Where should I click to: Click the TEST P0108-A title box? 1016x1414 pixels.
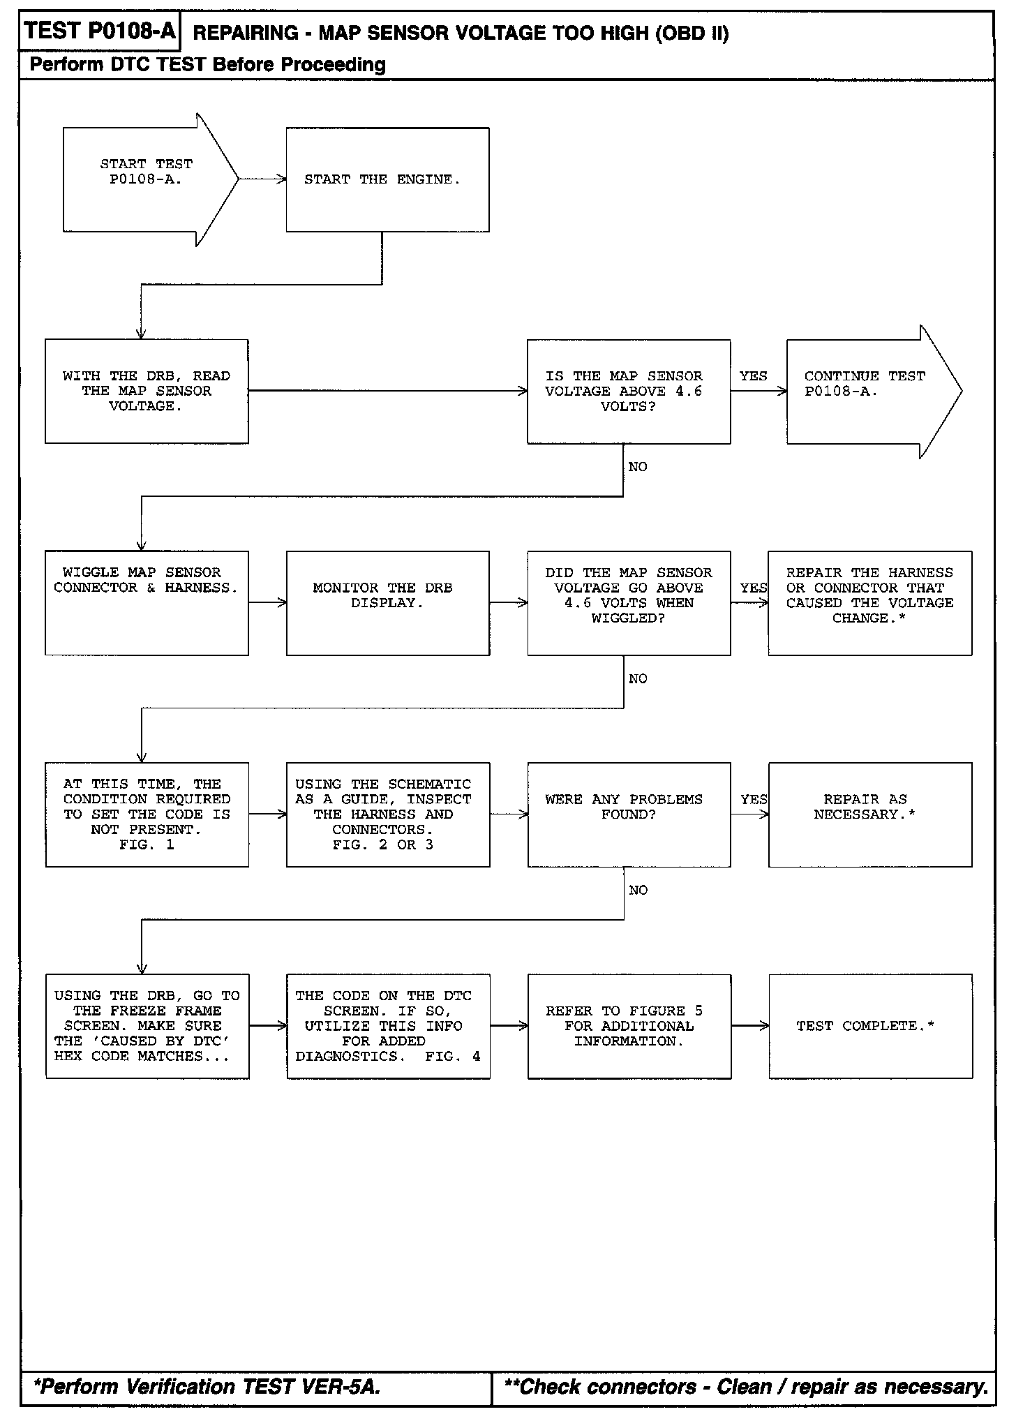tap(98, 31)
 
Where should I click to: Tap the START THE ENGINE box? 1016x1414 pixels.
tap(387, 179)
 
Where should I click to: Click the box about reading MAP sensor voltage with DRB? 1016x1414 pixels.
tap(147, 391)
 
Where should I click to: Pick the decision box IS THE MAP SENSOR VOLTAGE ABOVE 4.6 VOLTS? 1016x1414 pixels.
tap(628, 391)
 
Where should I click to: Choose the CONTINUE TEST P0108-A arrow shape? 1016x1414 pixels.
tap(865, 391)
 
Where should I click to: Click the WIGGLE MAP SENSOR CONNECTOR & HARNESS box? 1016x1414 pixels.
tap(147, 602)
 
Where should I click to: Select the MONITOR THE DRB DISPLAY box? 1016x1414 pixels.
tap(387, 602)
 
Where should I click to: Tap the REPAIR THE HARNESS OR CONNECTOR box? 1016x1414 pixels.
tap(869, 602)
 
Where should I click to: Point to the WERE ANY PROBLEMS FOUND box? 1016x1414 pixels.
tap(628, 814)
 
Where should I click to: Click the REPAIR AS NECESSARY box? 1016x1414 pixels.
tap(869, 814)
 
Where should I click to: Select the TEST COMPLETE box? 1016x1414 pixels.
tap(869, 1026)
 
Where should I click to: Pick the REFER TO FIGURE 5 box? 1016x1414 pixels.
tap(628, 1026)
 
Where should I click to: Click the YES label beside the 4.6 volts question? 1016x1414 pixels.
tap(753, 376)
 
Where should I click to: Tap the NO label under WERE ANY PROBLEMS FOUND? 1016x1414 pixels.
tap(638, 890)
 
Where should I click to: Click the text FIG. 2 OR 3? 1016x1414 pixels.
tap(382, 844)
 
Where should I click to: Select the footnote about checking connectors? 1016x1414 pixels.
tap(746, 1386)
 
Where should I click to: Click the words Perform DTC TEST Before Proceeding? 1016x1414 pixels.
tap(208, 65)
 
